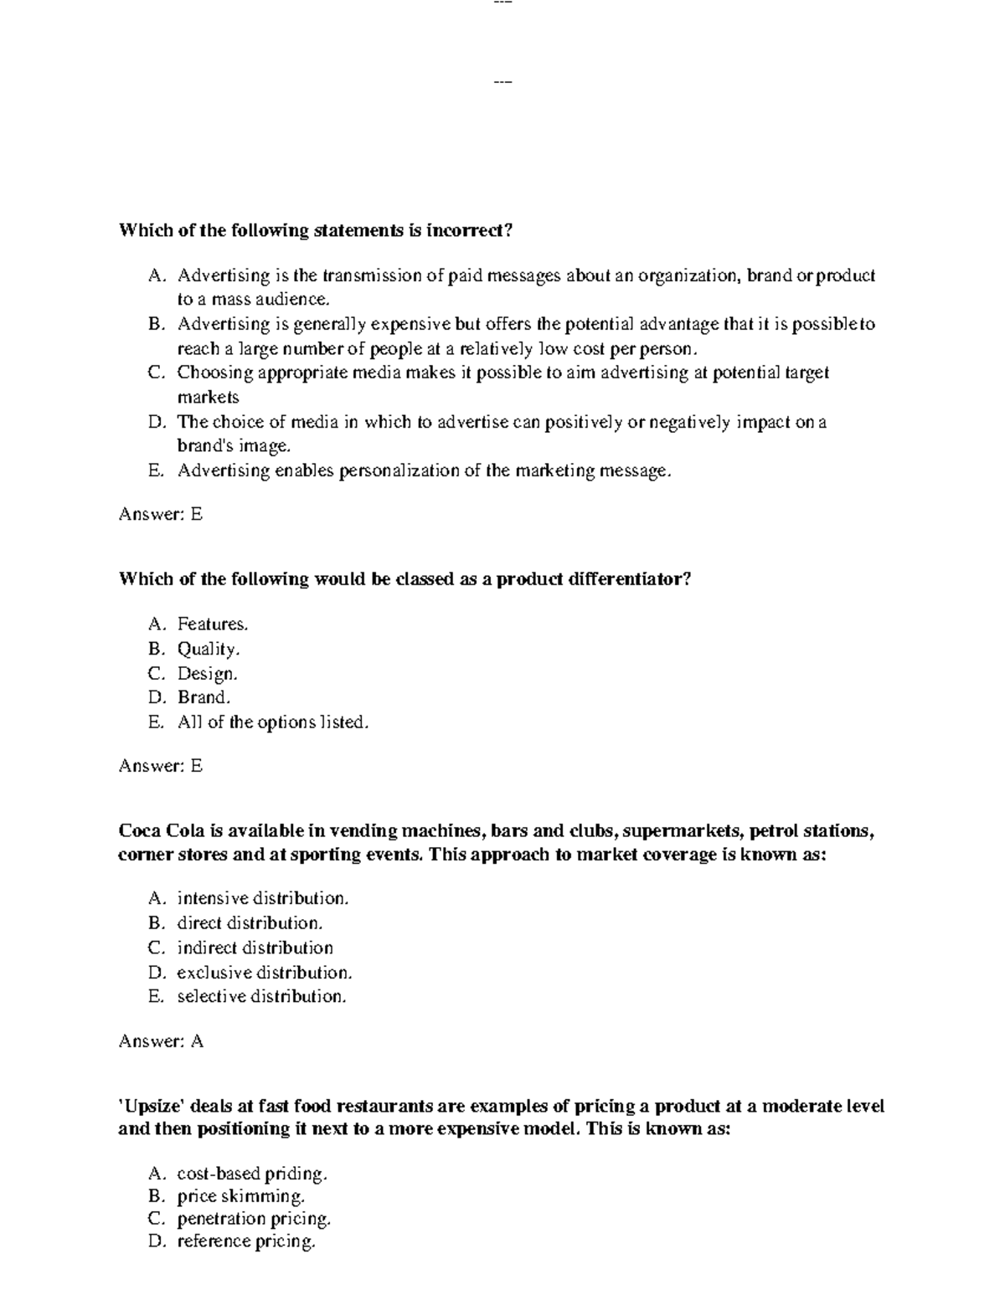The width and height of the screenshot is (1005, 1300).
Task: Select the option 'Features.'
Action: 213,624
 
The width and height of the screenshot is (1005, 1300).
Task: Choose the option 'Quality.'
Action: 209,649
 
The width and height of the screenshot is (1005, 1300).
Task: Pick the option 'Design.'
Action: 208,673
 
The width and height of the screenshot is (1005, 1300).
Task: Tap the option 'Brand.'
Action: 204,697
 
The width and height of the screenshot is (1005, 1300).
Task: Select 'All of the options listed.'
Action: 272,722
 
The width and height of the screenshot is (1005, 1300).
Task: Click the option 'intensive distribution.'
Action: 262,899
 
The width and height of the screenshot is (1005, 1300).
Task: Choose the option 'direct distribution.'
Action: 250,923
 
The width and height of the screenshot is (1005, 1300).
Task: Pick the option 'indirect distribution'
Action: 255,948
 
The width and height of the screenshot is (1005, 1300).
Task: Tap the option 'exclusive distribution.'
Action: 264,973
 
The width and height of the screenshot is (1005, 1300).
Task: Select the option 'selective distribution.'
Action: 261,997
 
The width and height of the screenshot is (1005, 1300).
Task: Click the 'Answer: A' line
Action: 161,1041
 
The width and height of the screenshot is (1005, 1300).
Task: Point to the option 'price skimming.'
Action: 240,1196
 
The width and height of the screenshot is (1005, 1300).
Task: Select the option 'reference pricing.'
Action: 246,1241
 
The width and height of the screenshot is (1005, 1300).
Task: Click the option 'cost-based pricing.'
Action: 252,1174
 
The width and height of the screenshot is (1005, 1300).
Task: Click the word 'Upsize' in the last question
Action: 152,1107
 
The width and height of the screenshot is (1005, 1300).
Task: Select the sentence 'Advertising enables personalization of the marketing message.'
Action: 425,471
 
